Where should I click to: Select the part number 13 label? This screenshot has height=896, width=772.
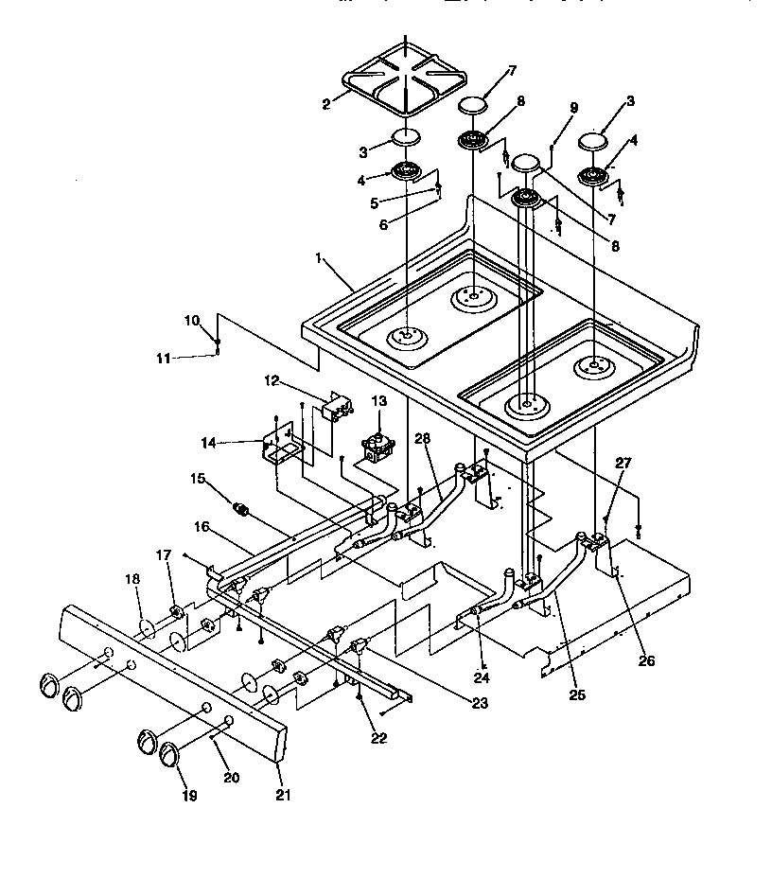click(x=378, y=401)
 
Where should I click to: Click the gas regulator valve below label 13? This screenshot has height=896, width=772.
click(x=377, y=445)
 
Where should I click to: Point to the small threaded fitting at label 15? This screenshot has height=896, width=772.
click(x=242, y=510)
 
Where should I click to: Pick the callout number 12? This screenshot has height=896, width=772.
click(x=272, y=381)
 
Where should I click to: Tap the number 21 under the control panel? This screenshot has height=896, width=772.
click(x=283, y=795)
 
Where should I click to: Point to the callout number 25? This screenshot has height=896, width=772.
click(x=577, y=694)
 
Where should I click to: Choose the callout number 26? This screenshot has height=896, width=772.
click(x=646, y=660)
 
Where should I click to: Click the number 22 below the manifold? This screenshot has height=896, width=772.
click(x=378, y=738)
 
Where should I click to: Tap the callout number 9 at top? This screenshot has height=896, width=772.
click(x=573, y=109)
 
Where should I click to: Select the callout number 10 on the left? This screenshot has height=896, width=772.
click(x=192, y=321)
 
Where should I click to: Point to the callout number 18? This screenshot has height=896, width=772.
click(x=132, y=578)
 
